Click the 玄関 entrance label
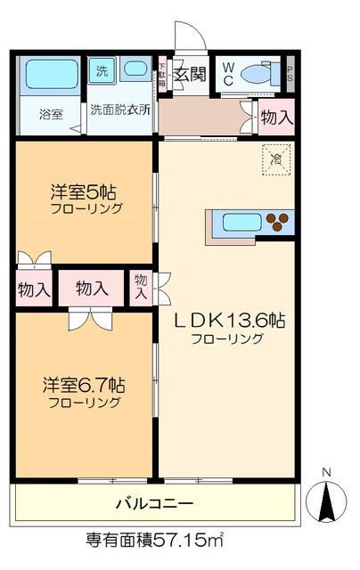point(189,74)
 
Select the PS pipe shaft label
point(290,75)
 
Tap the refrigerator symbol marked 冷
point(275,159)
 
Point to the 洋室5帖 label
point(85,191)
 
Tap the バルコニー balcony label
point(155,503)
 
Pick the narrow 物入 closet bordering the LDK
point(141,289)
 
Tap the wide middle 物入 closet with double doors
point(92,288)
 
